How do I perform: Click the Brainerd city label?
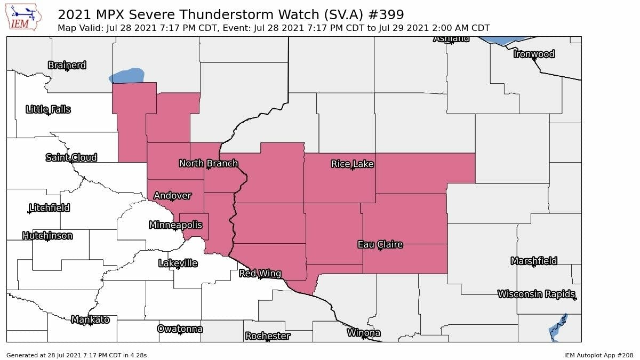click(x=67, y=65)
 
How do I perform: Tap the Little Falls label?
click(x=48, y=109)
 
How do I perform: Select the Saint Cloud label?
click(x=71, y=157)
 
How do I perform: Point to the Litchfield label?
click(x=49, y=207)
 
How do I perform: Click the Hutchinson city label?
click(x=47, y=236)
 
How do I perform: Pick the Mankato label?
click(x=90, y=319)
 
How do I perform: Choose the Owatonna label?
click(x=180, y=329)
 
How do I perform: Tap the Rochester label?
click(x=268, y=336)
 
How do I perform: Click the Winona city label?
click(x=364, y=333)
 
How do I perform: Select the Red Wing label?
click(x=260, y=274)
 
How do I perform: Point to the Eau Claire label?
click(x=380, y=245)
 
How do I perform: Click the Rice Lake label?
click(x=352, y=164)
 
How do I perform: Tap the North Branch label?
click(x=208, y=163)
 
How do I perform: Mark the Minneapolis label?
click(x=175, y=225)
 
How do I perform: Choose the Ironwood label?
click(x=534, y=54)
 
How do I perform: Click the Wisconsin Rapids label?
click(x=536, y=294)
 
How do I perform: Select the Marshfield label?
click(x=534, y=261)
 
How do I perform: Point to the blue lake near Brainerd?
click(x=127, y=76)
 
